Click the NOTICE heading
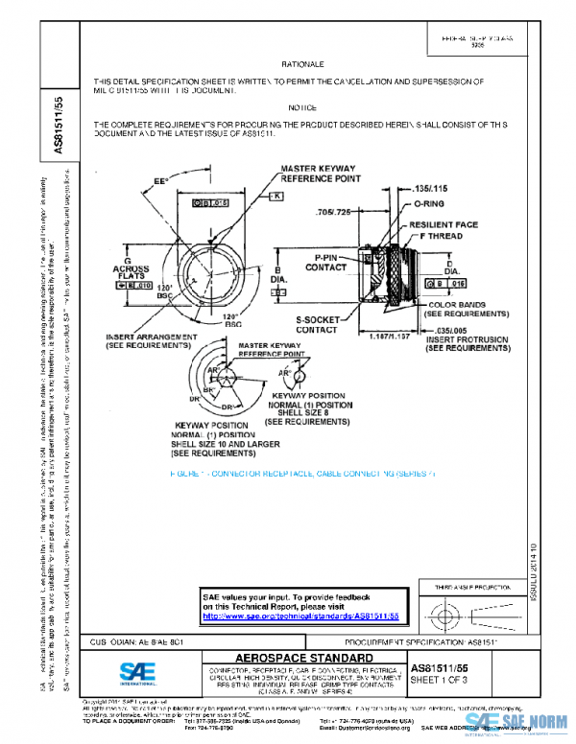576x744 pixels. click(x=302, y=107)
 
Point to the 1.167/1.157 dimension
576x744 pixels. click(x=393, y=337)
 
